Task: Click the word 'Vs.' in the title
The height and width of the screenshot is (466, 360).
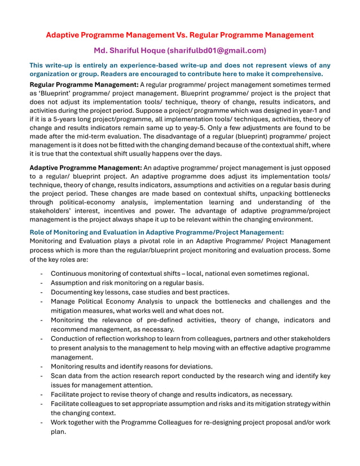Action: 194,35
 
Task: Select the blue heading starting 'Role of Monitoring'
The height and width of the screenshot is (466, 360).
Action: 156,231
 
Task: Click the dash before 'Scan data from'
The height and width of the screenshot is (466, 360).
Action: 43,375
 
